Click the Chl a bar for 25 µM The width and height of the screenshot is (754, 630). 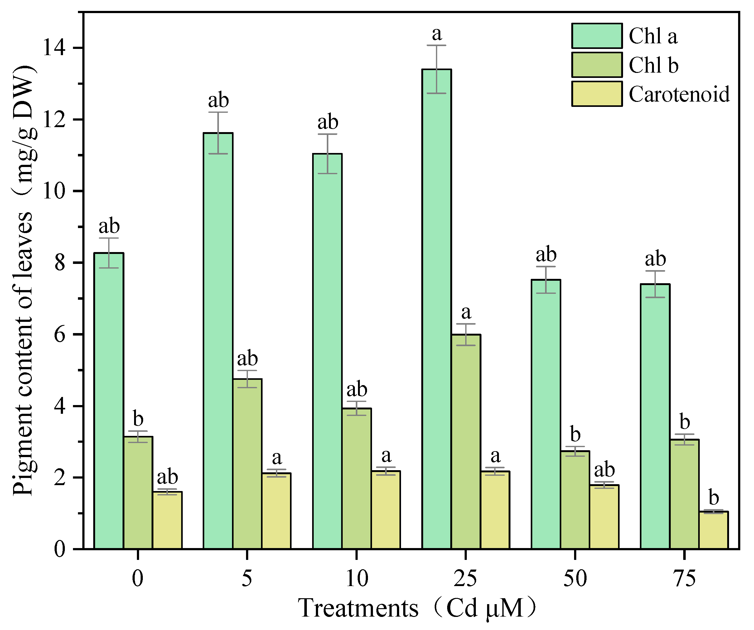pyautogui.click(x=437, y=308)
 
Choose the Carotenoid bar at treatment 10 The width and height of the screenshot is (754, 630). pyautogui.click(x=386, y=510)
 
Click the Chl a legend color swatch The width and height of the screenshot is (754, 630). pyautogui.click(x=597, y=36)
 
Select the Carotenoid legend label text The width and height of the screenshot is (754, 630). pyautogui.click(x=679, y=94)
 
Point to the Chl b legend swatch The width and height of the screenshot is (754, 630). pyautogui.click(x=597, y=65)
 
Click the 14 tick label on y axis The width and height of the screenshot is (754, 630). pyautogui.click(x=54, y=48)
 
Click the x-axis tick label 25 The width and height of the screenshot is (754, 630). pyautogui.click(x=465, y=579)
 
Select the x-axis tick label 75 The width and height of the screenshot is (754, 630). pyautogui.click(x=685, y=579)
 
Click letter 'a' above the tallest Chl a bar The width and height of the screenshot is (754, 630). pyautogui.click(x=437, y=34)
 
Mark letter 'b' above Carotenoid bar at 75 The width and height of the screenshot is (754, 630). pyautogui.click(x=713, y=498)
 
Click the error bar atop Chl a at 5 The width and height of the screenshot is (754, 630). pyautogui.click(x=218, y=133)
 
